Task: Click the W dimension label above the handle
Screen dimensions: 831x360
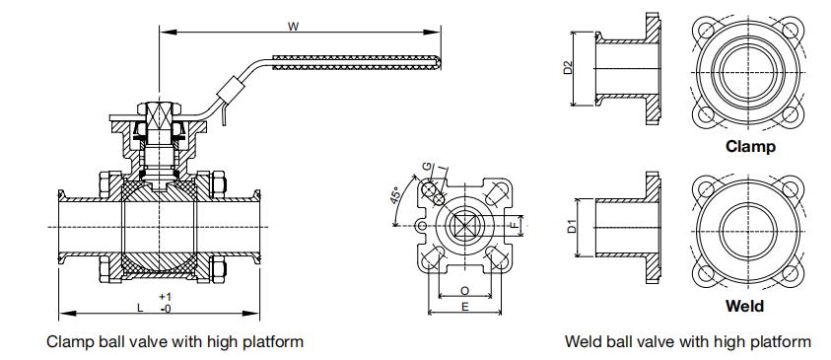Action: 291,26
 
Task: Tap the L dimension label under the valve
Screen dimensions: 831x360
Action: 140,307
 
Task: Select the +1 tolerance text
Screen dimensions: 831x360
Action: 165,297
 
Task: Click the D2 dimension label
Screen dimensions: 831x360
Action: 568,67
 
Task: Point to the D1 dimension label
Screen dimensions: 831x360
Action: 572,227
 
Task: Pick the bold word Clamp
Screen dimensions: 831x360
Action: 750,146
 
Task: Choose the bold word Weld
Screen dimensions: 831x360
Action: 744,306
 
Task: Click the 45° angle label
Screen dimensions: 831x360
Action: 396,196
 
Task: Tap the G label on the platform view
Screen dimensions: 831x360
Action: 427,167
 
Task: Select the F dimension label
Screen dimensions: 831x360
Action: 513,226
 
